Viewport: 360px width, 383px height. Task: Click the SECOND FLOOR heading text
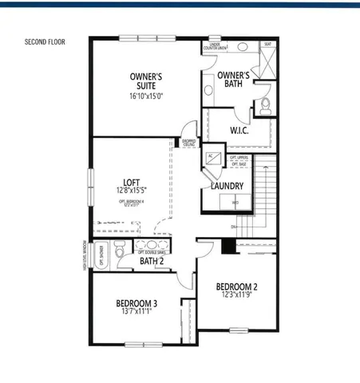tap(45, 41)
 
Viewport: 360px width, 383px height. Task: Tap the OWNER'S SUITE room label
tap(146, 81)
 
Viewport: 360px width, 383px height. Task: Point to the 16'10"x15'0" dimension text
tap(146, 97)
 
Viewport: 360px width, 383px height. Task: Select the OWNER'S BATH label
tap(234, 80)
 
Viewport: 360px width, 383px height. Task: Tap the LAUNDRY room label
tap(227, 186)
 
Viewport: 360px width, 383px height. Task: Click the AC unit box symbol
tap(213, 157)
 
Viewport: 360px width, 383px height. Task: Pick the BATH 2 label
tap(152, 261)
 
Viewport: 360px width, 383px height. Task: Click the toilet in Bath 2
tap(118, 251)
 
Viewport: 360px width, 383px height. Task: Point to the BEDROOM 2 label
tap(237, 286)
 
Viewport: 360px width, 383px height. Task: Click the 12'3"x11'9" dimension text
tap(237, 296)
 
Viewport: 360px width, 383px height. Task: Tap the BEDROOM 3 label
tap(136, 303)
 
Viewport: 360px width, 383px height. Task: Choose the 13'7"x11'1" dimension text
tap(136, 313)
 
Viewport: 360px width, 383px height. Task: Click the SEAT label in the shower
tap(267, 45)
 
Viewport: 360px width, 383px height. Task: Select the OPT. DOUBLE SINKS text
tap(152, 252)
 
